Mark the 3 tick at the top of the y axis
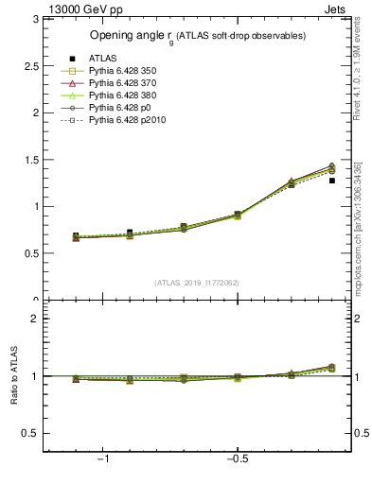click(36, 19)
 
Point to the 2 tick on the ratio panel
click(36, 319)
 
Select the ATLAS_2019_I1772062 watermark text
click(197, 282)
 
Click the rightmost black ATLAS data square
click(331, 180)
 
